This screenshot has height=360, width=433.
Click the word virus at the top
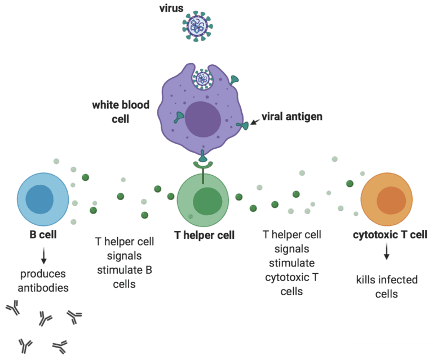click(x=171, y=8)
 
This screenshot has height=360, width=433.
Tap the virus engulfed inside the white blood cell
click(x=201, y=79)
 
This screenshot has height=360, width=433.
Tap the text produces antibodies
click(x=43, y=281)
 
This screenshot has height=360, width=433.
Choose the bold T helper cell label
click(x=204, y=235)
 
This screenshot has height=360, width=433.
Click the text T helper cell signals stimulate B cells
click(x=125, y=263)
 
